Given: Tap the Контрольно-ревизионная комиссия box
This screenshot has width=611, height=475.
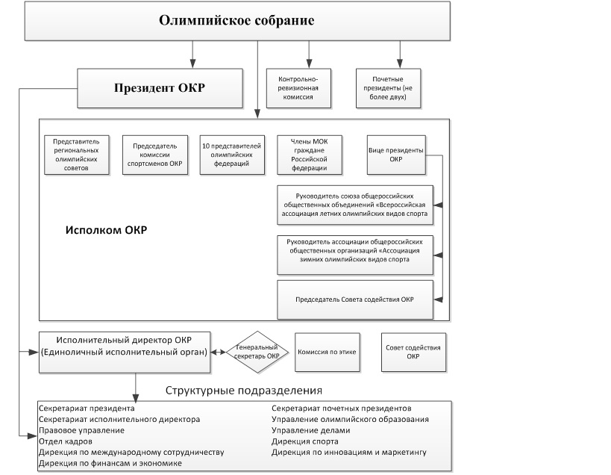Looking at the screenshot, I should [x=298, y=87].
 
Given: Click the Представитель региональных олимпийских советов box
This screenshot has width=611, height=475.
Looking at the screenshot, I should [x=77, y=154].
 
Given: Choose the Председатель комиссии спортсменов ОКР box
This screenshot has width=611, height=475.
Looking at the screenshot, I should [x=156, y=154].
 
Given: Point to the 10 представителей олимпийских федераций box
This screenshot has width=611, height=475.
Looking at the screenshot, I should [x=232, y=154].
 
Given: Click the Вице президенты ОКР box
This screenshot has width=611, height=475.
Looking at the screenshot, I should [x=395, y=154].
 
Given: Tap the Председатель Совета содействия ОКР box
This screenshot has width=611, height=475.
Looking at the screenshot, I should [x=354, y=299].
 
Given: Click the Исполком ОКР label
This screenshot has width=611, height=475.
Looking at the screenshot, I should [x=105, y=231].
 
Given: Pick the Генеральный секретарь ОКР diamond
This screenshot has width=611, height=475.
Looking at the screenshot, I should [x=257, y=351].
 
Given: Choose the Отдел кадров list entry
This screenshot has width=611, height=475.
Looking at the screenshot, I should [x=65, y=441].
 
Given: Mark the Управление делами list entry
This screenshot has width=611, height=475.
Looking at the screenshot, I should [x=310, y=430].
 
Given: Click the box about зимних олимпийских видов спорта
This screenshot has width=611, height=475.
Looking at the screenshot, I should [x=354, y=252].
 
